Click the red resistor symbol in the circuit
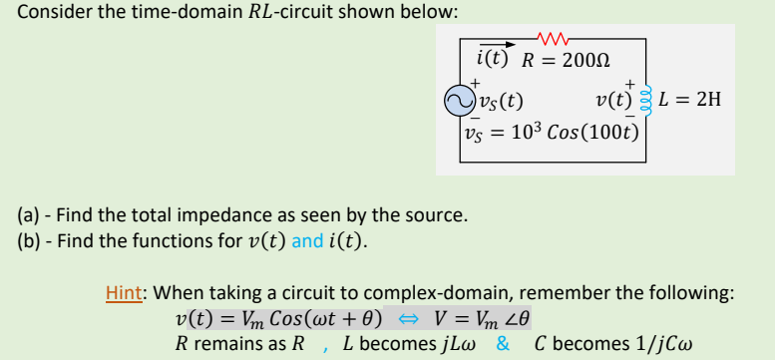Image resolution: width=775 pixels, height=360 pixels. (x=553, y=40)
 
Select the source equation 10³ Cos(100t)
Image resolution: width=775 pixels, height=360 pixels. (x=581, y=130)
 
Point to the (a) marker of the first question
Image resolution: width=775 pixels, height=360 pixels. (x=29, y=214)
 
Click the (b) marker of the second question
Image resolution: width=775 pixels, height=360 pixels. (x=29, y=239)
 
